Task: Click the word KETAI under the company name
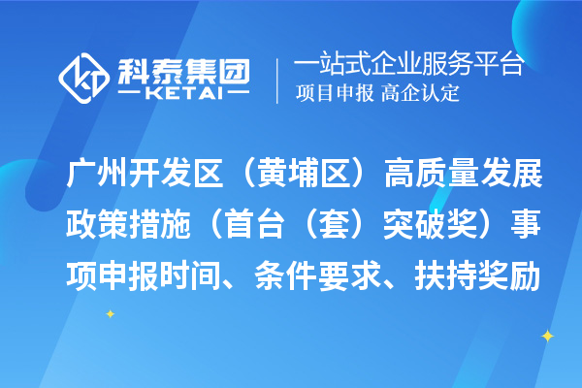tap(185, 95)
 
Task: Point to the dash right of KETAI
tap(238, 95)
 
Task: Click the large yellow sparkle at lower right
tap(547, 336)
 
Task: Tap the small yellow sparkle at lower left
tap(110, 313)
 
